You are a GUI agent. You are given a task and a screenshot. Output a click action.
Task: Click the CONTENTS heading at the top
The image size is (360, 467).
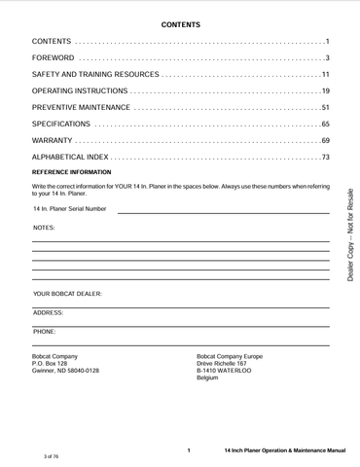180,22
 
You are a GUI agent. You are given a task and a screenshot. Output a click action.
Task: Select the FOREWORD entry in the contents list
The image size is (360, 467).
53,58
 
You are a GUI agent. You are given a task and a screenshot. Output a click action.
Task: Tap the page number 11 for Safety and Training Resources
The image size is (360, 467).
326,75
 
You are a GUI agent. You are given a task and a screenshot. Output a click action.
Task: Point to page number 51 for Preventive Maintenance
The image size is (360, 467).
326,107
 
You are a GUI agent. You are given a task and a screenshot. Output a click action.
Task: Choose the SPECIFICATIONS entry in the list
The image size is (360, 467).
61,125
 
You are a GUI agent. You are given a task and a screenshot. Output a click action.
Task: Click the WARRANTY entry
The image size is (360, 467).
54,141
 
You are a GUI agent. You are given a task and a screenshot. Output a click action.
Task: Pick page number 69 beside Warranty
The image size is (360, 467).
326,141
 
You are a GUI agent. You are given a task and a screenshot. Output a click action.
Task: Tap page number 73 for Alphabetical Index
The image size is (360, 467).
326,158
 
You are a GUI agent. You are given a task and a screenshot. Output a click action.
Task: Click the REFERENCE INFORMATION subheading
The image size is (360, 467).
79,172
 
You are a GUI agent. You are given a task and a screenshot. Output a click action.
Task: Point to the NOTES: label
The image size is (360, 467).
44,228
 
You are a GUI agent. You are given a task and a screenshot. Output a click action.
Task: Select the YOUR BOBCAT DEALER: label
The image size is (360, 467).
67,293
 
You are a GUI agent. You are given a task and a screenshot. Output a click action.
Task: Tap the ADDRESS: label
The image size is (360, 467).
49,313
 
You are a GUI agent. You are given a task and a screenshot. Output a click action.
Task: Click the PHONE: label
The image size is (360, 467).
45,332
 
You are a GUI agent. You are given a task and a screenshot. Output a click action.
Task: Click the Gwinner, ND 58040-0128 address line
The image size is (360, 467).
65,372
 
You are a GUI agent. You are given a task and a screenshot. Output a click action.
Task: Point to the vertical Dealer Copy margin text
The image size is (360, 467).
350,233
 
